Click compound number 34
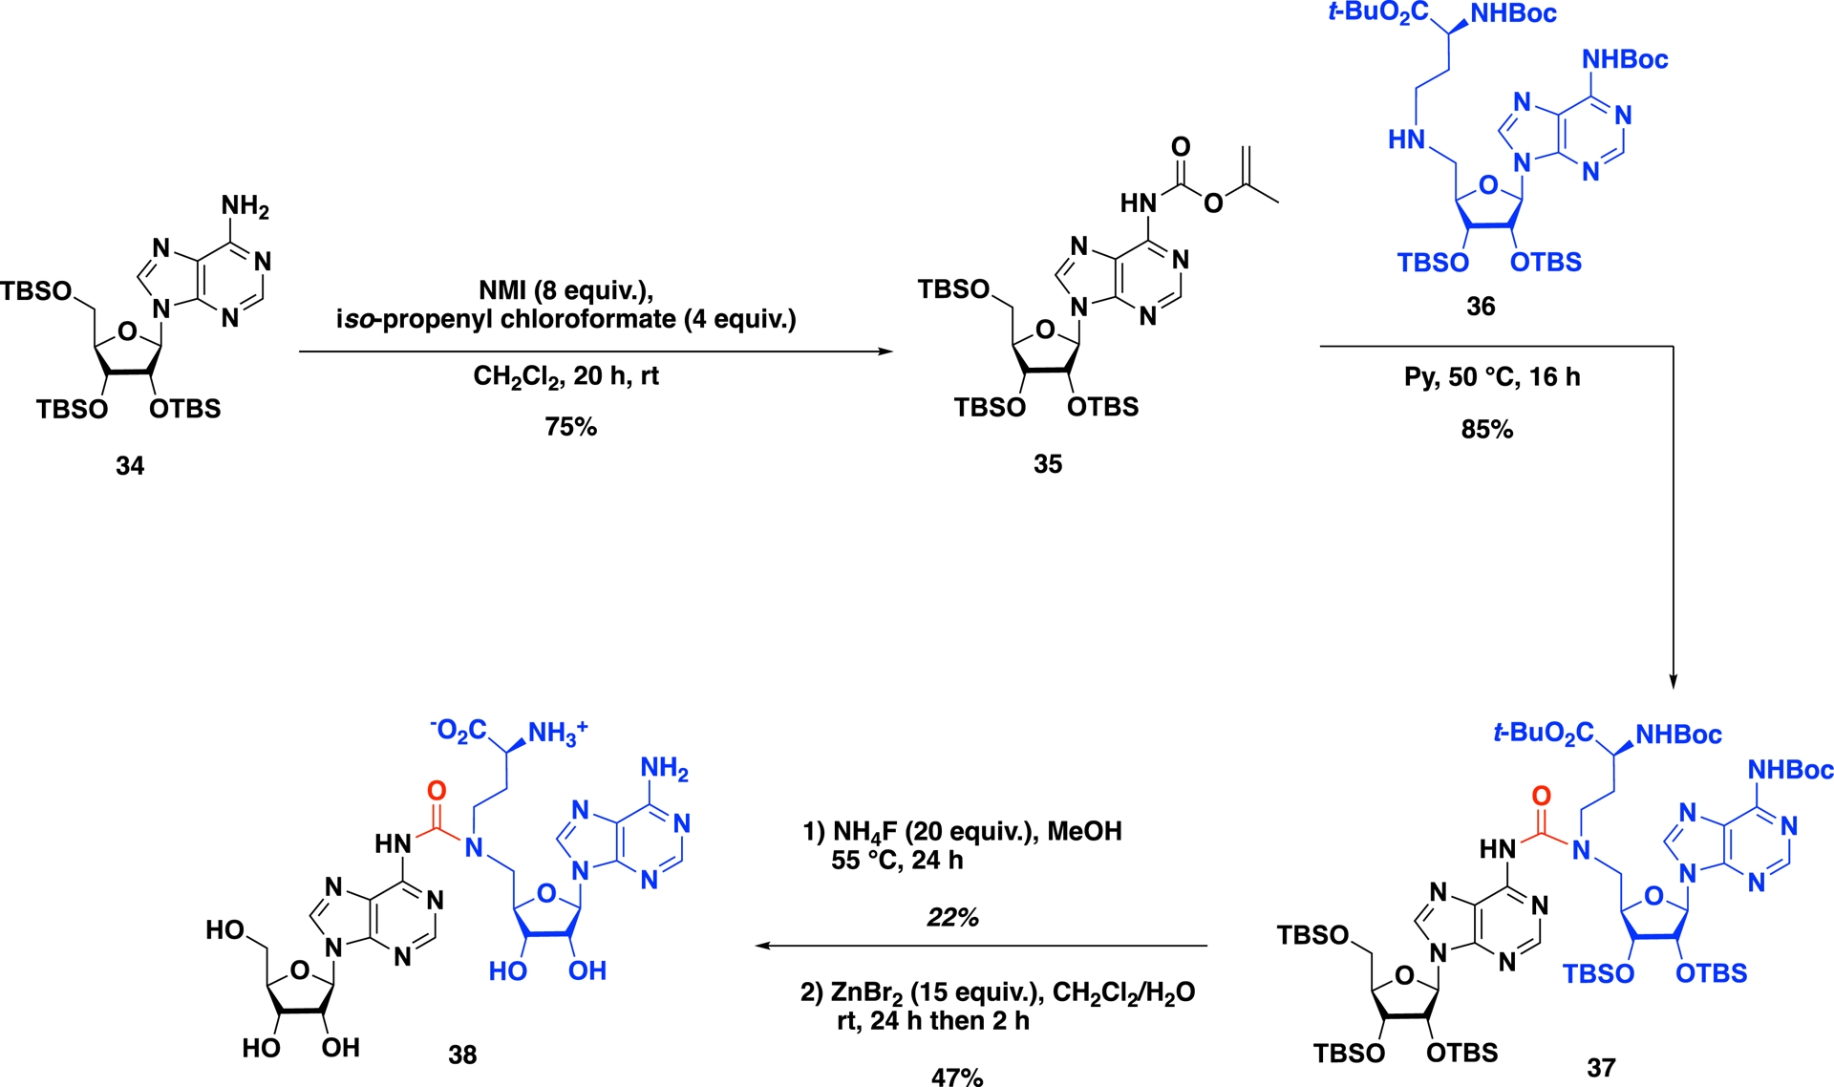click(130, 466)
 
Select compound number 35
click(1048, 464)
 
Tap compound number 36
click(1481, 307)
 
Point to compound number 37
click(1601, 1067)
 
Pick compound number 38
click(462, 1055)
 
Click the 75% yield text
click(571, 427)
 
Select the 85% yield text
click(1487, 430)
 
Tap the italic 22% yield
click(952, 918)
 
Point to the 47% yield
click(957, 1076)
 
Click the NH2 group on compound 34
click(245, 206)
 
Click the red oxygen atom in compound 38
click(437, 791)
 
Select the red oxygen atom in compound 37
click(1541, 796)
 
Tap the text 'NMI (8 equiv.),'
click(565, 290)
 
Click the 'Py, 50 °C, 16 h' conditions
click(1492, 377)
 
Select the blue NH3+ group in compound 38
click(558, 733)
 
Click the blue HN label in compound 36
click(1406, 140)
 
